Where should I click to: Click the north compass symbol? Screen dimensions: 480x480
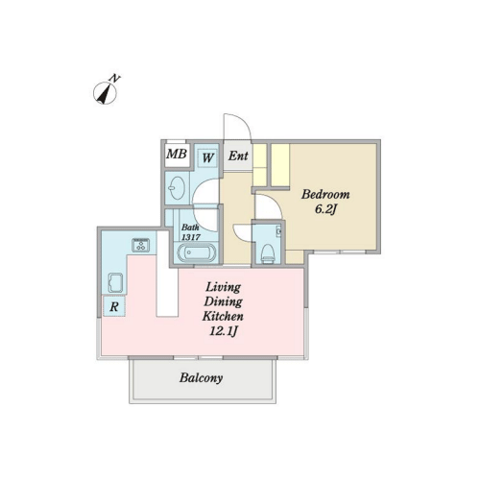click(x=105, y=91)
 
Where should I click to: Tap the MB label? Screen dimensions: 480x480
click(x=177, y=154)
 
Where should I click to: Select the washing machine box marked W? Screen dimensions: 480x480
click(x=207, y=157)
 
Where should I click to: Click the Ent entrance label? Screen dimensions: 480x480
click(x=238, y=156)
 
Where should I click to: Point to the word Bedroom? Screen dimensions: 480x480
click(x=325, y=194)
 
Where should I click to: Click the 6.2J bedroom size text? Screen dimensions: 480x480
click(x=325, y=209)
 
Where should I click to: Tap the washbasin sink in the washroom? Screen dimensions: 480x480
click(x=177, y=188)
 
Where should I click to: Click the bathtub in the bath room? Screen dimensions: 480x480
click(x=197, y=253)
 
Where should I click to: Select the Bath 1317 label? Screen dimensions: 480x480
click(x=191, y=232)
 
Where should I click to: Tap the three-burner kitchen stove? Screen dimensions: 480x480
click(x=141, y=245)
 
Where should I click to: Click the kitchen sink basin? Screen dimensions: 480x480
click(x=115, y=282)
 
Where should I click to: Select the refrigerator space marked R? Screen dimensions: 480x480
click(x=114, y=306)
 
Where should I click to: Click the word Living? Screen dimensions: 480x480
click(x=223, y=288)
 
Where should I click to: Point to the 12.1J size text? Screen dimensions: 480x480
click(x=223, y=331)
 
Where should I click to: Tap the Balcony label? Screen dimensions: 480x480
click(x=201, y=378)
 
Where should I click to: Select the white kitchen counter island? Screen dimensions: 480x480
click(x=167, y=274)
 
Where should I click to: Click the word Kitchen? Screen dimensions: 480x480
click(x=223, y=316)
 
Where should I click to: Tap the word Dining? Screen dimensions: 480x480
click(x=223, y=302)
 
